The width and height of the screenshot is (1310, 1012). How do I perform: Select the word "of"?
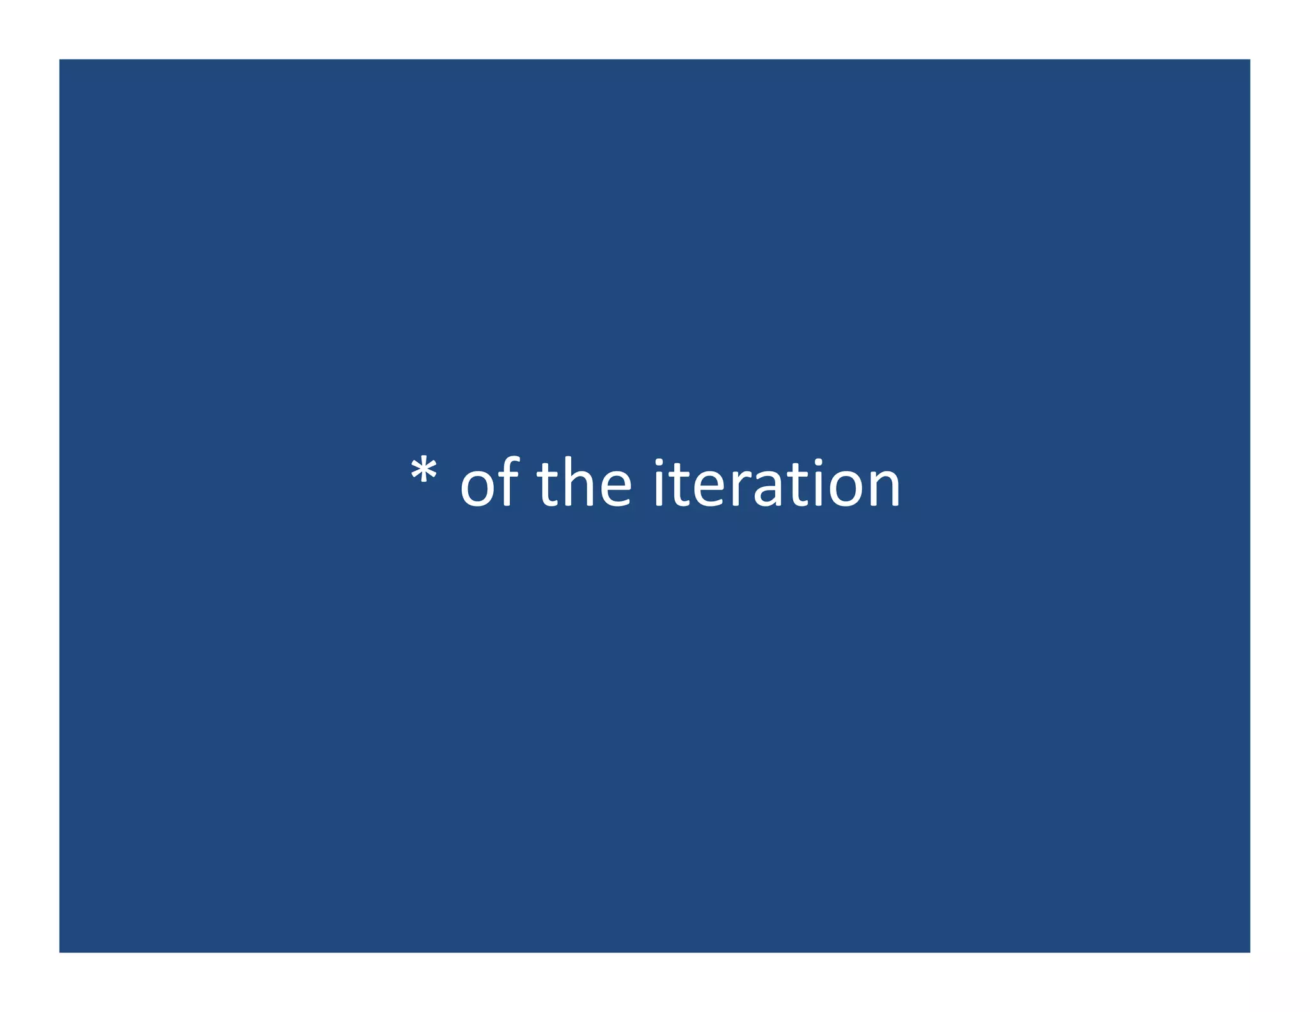pos(489,483)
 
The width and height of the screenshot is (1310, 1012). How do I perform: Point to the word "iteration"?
pos(777,483)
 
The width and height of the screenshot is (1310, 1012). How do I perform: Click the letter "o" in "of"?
pos(477,487)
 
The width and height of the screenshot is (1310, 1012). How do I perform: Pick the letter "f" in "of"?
pos(508,481)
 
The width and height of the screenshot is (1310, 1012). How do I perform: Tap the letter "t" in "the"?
pos(548,485)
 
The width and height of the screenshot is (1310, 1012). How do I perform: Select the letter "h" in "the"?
pos(578,483)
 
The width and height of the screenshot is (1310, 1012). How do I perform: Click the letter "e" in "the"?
pos(615,487)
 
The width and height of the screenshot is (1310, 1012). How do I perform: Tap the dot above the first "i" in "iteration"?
pos(659,463)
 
